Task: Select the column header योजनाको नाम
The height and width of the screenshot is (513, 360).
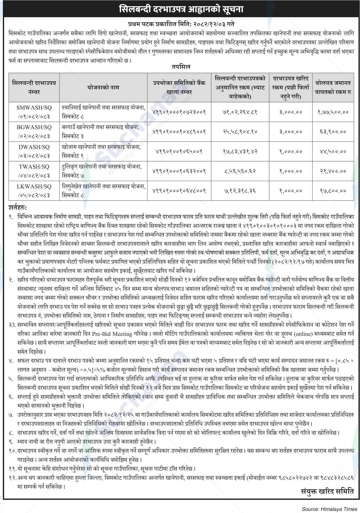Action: pyautogui.click(x=102, y=87)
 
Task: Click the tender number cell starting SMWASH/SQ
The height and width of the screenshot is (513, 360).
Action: pyautogui.click(x=34, y=112)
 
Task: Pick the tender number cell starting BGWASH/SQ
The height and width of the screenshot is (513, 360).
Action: pyautogui.click(x=34, y=132)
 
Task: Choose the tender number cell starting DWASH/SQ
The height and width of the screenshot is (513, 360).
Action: pyautogui.click(x=34, y=151)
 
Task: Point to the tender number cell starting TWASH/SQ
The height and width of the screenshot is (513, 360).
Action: pyautogui.click(x=34, y=171)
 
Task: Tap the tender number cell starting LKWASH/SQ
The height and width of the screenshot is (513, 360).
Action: pyautogui.click(x=34, y=191)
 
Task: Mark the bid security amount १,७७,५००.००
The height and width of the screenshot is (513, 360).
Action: pyautogui.click(x=333, y=112)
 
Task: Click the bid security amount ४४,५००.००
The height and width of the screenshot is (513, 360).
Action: pyautogui.click(x=333, y=151)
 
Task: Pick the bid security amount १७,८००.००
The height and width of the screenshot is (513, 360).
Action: pyautogui.click(x=333, y=191)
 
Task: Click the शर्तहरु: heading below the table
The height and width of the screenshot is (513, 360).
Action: pyautogui.click(x=18, y=208)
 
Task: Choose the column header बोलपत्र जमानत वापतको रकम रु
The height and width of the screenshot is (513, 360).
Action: pyautogui.click(x=333, y=87)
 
